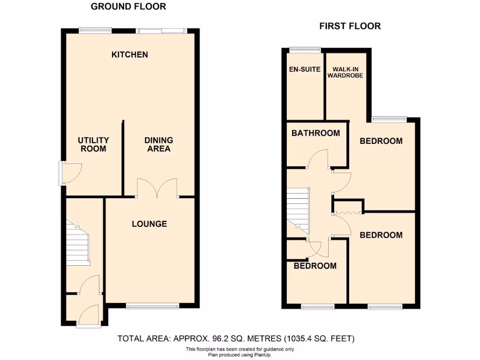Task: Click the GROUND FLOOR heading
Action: (128, 7)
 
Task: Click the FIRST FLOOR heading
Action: (350, 26)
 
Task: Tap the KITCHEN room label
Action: (129, 55)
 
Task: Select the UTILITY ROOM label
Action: (93, 144)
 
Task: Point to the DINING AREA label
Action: (158, 144)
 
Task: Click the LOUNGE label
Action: (149, 224)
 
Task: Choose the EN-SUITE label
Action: (305, 69)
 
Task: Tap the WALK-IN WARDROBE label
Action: (348, 72)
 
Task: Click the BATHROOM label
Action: (315, 133)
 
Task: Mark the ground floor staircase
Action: (77, 244)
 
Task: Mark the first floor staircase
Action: (298, 211)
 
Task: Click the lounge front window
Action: (152, 306)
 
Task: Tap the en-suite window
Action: (305, 49)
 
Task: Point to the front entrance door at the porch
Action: (88, 315)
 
